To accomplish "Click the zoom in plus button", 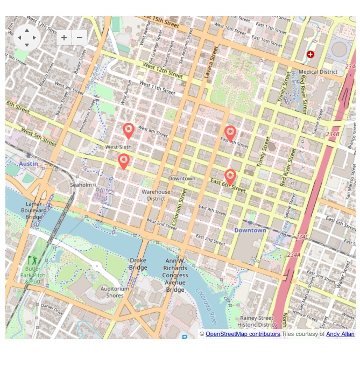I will pyautogui.click(x=64, y=38).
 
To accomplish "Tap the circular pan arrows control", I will pyautogui.click(x=27, y=38).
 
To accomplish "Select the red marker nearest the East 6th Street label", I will pyautogui.click(x=230, y=177).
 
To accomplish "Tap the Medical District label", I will pyautogui.click(x=318, y=72).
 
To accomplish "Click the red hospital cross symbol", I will pyautogui.click(x=310, y=54).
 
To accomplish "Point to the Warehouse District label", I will pyautogui.click(x=156, y=195).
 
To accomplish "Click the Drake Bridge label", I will pyautogui.click(x=138, y=264).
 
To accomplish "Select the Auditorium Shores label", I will pyautogui.click(x=115, y=292).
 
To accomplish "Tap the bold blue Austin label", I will pyautogui.click(x=29, y=163).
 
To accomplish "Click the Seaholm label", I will pyautogui.click(x=81, y=185).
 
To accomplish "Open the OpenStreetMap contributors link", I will pyautogui.click(x=243, y=334).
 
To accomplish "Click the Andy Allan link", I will pyautogui.click(x=340, y=334).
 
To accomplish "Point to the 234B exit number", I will pyautogui.click(x=333, y=134).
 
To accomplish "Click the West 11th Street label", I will pyautogui.click(x=157, y=88).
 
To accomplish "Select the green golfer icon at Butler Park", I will pyautogui.click(x=31, y=261).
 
